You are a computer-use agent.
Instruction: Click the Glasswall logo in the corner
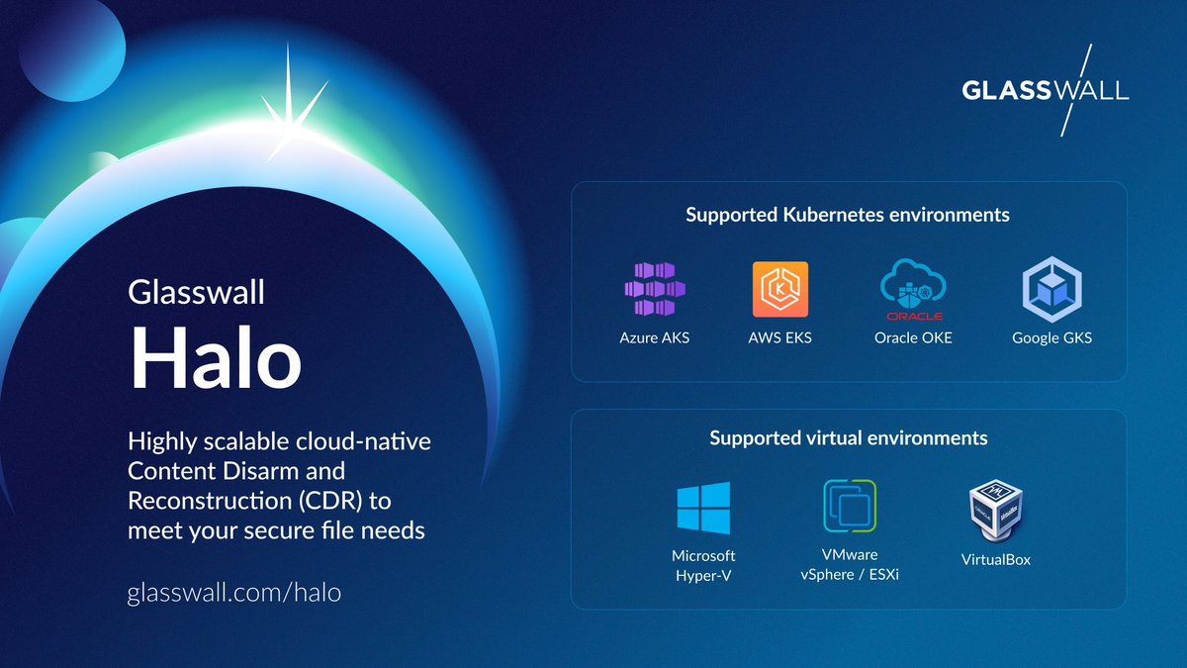click(1045, 90)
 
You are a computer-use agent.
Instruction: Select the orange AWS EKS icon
click(779, 289)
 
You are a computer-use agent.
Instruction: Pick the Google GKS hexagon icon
click(1051, 289)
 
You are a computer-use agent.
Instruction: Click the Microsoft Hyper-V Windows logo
click(703, 508)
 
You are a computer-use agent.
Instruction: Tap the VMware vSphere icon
click(850, 506)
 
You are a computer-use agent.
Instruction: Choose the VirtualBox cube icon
click(995, 510)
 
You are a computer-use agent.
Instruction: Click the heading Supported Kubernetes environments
click(848, 214)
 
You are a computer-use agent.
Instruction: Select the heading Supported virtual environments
click(848, 437)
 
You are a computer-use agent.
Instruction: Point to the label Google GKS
click(1051, 337)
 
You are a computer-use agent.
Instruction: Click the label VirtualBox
click(995, 559)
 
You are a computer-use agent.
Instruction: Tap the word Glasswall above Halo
click(196, 293)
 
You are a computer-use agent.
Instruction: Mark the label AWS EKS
click(779, 337)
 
